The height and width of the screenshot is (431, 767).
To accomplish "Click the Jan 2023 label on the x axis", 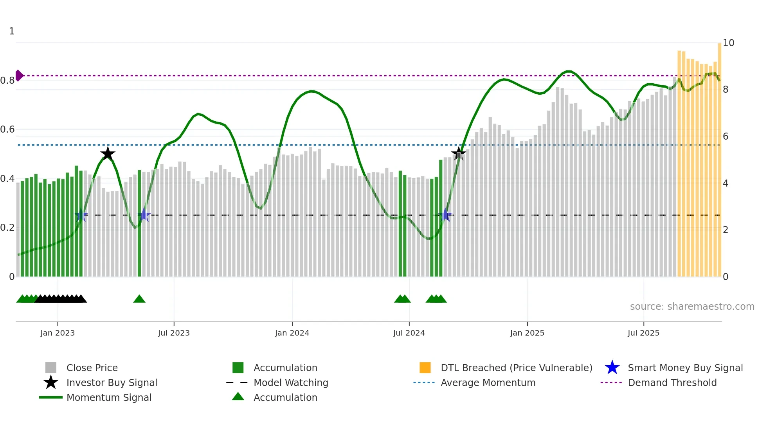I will [x=58, y=333].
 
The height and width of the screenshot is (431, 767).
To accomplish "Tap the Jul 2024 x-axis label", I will [x=409, y=333].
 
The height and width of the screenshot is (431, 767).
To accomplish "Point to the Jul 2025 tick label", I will [x=643, y=333].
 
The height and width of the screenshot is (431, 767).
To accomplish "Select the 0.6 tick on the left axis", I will [x=7, y=129].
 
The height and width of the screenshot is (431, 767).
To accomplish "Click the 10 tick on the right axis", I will [x=728, y=43].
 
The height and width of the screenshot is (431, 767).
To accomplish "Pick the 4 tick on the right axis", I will [x=726, y=183].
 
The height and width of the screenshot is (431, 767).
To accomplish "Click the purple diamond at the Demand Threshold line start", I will [x=19, y=75].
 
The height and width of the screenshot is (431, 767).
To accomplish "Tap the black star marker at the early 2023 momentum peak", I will [x=108, y=154].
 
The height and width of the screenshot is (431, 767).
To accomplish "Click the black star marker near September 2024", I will [x=458, y=154].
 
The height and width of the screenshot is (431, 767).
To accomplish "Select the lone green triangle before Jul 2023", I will [x=139, y=299].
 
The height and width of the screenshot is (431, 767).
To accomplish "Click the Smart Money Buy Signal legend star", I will [x=612, y=368].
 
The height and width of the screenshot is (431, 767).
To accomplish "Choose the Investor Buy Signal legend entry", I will [x=112, y=383].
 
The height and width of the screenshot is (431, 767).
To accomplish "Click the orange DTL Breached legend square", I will [x=425, y=368].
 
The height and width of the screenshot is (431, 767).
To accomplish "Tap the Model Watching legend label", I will [x=291, y=383].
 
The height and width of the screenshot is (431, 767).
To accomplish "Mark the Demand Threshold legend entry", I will [x=672, y=383].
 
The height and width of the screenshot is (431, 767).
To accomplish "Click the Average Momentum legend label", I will [x=488, y=383].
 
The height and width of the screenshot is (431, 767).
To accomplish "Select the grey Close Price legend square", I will [x=51, y=368].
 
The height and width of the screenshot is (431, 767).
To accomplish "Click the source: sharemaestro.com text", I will [x=692, y=307].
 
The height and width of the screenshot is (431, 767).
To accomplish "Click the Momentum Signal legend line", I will [x=51, y=397].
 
